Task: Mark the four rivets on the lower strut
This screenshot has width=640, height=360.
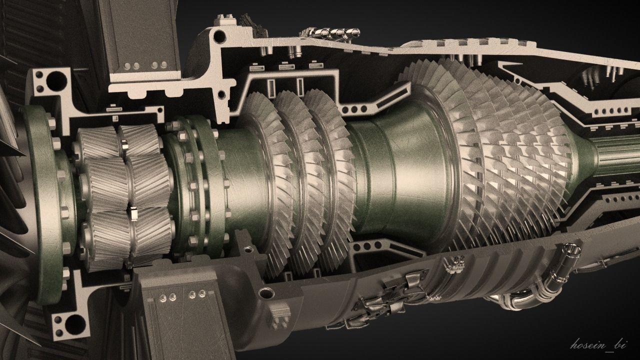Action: click(x=182, y=295)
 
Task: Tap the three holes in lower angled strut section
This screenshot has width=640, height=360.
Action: click(x=367, y=246)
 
